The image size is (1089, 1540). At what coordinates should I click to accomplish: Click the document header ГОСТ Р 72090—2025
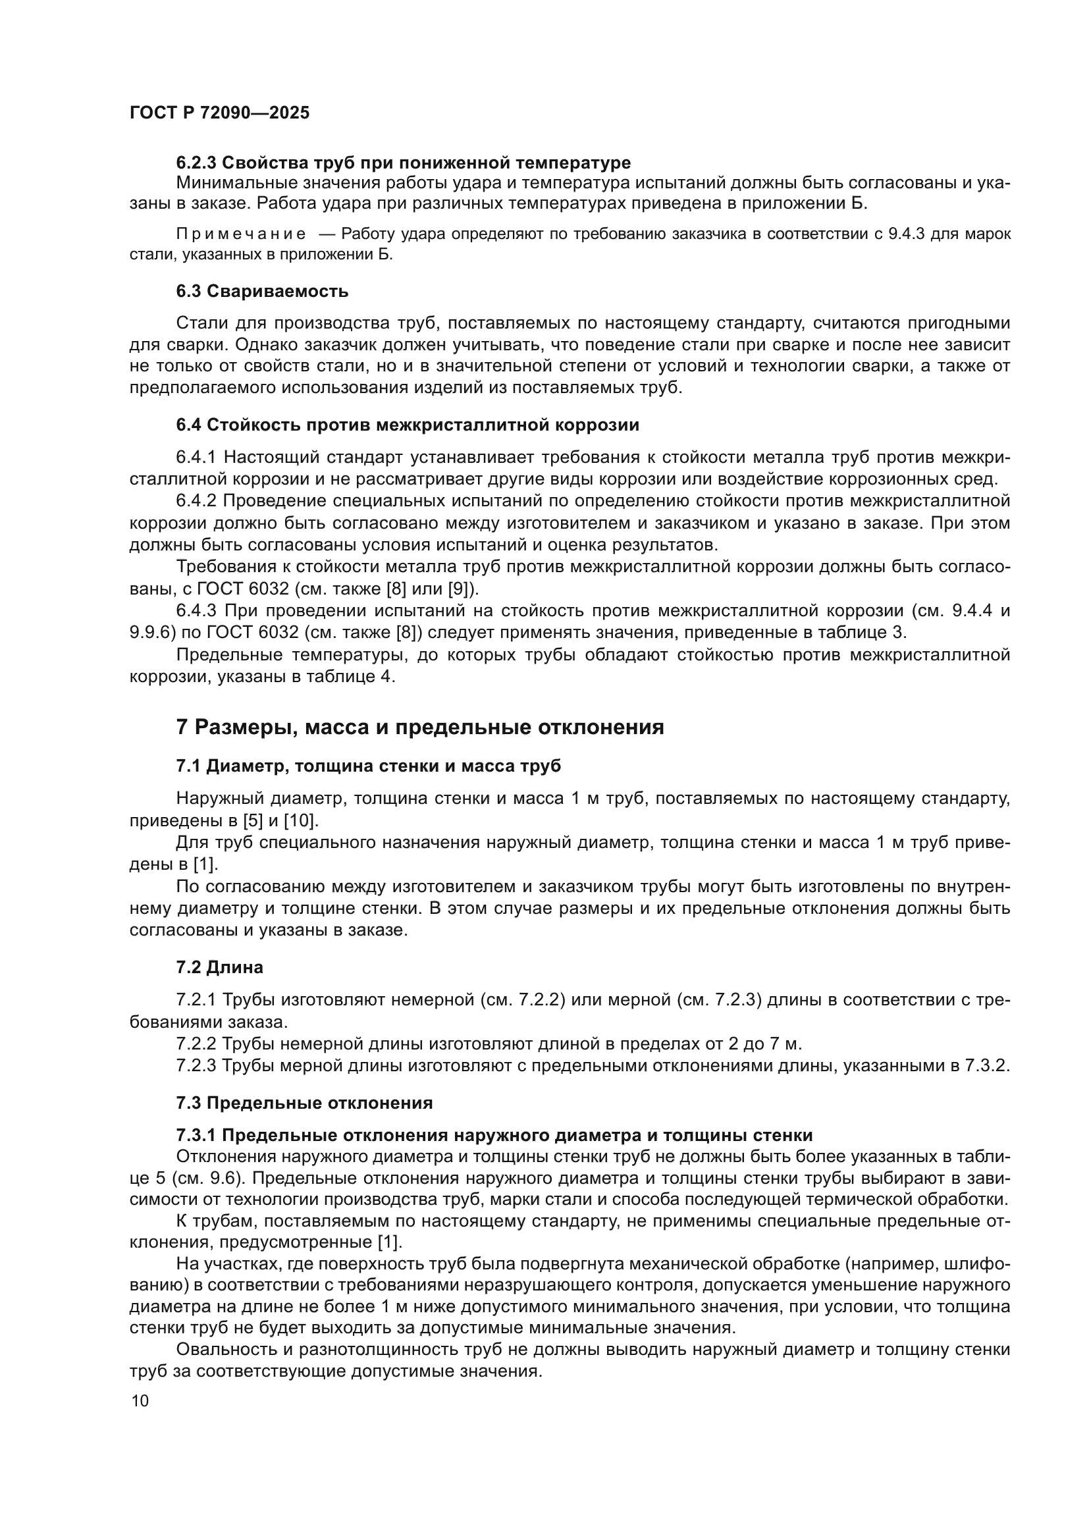[x=219, y=113]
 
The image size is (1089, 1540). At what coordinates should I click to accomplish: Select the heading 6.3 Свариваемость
[x=262, y=291]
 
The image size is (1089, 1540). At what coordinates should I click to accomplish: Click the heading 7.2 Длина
[x=219, y=967]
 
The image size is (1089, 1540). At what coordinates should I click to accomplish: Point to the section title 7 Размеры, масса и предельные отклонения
[x=420, y=727]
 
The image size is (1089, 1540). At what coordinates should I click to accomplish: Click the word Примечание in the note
[x=241, y=234]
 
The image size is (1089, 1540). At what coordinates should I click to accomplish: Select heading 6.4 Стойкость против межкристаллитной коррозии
[x=407, y=425]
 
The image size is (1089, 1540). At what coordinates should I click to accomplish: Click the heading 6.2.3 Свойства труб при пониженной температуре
[x=403, y=163]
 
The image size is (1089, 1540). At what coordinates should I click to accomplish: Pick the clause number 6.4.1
[x=196, y=458]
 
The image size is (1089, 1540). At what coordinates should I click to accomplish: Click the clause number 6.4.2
[x=196, y=501]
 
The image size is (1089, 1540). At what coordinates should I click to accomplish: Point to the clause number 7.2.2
[x=196, y=1044]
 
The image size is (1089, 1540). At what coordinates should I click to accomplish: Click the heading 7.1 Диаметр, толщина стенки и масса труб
[x=368, y=766]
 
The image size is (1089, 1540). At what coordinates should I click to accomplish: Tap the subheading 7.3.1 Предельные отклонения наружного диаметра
[x=494, y=1135]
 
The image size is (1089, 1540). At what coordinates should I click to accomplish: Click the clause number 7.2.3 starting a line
[x=196, y=1066]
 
